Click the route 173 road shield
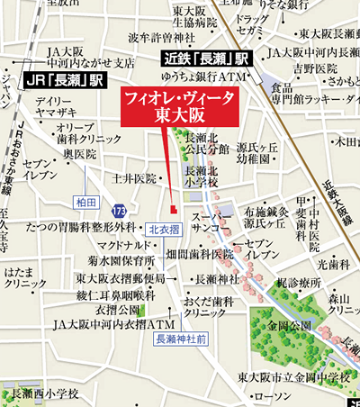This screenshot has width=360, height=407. (x=120, y=210)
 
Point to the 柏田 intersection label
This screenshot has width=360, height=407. (x=87, y=200)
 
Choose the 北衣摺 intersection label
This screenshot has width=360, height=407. (x=165, y=229)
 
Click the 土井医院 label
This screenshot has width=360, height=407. (x=135, y=178)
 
